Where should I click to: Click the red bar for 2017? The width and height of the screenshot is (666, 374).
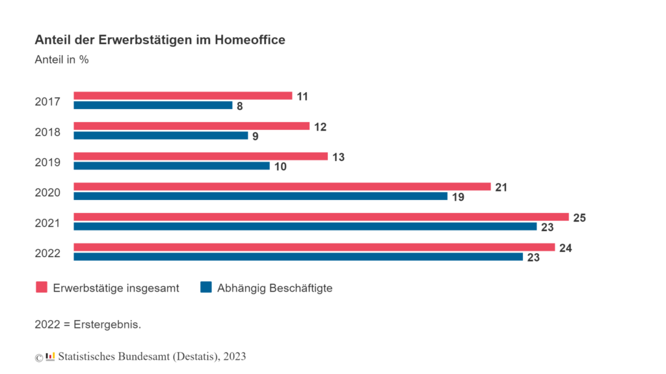[183, 95]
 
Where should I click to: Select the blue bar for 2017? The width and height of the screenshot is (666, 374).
[153, 105]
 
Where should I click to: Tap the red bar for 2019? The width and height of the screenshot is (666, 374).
[200, 156]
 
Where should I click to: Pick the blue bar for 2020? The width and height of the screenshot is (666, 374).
[260, 196]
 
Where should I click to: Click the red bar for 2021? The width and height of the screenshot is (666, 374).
[321, 217]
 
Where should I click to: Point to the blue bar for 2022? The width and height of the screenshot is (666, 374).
[298, 256]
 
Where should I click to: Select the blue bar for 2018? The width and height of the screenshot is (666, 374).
[161, 136]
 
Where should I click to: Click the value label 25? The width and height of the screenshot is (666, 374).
[579, 218]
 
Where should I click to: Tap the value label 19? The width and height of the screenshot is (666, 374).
[458, 197]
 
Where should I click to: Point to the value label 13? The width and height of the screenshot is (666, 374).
[338, 157]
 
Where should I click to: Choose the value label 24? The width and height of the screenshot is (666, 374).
[565, 248]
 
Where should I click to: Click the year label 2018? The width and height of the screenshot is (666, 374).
[47, 132]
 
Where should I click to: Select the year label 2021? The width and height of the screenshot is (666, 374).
[47, 223]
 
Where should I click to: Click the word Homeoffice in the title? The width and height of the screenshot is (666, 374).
[250, 40]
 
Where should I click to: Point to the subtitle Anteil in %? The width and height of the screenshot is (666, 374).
[62, 60]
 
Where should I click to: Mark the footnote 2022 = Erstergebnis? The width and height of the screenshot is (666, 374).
[88, 325]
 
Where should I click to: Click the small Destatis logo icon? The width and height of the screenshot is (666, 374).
[50, 356]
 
